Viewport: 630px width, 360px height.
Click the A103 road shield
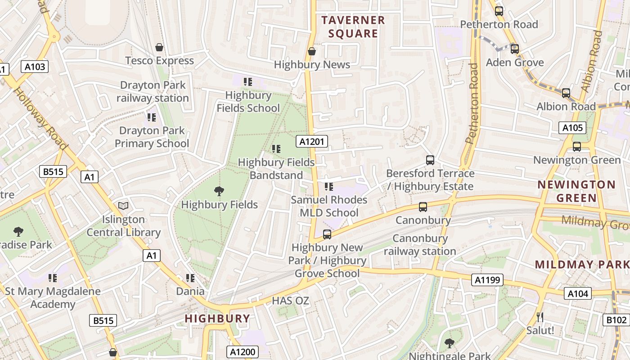coord(35,67)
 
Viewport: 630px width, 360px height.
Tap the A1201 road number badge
coord(312,142)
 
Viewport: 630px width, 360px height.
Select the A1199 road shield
coord(487,280)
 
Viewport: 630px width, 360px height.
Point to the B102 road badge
coord(616,320)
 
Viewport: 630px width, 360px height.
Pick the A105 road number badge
coord(572,128)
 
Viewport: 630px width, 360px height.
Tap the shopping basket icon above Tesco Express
coord(159,47)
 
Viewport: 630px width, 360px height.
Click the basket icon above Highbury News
coord(311,52)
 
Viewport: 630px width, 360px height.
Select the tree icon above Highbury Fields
coord(219,191)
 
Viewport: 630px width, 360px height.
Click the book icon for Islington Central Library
coord(123,206)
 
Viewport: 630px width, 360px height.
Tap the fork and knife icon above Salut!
coord(540,317)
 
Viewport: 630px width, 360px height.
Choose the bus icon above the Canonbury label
coord(423,207)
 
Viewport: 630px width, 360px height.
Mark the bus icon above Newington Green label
coord(577,147)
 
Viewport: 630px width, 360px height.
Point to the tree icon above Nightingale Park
coord(449,343)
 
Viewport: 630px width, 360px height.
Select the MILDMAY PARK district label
coord(581,265)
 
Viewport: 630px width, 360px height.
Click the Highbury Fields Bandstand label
coord(276,168)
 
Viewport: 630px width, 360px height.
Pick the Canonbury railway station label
coord(420,245)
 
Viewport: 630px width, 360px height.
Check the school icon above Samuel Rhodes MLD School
coord(329,186)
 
